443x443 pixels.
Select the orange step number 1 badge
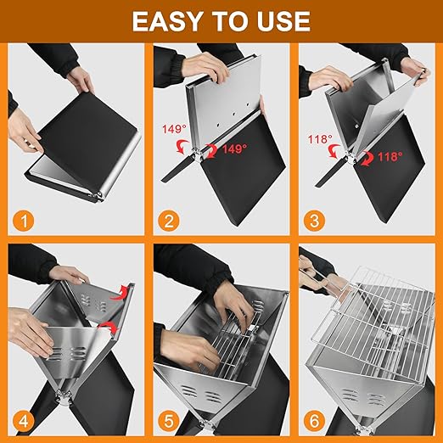(x=24, y=221)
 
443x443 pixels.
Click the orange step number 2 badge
(x=169, y=221)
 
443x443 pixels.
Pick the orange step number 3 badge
(x=314, y=221)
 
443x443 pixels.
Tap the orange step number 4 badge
(x=24, y=421)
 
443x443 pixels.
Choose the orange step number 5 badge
(x=169, y=421)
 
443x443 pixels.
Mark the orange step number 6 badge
(x=314, y=421)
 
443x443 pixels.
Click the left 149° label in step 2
(x=174, y=129)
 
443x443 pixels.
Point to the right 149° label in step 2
(x=234, y=149)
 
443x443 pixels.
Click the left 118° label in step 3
(x=320, y=139)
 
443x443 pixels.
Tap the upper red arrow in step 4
(x=120, y=293)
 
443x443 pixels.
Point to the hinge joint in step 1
(x=98, y=196)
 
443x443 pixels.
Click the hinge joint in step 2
(x=197, y=154)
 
